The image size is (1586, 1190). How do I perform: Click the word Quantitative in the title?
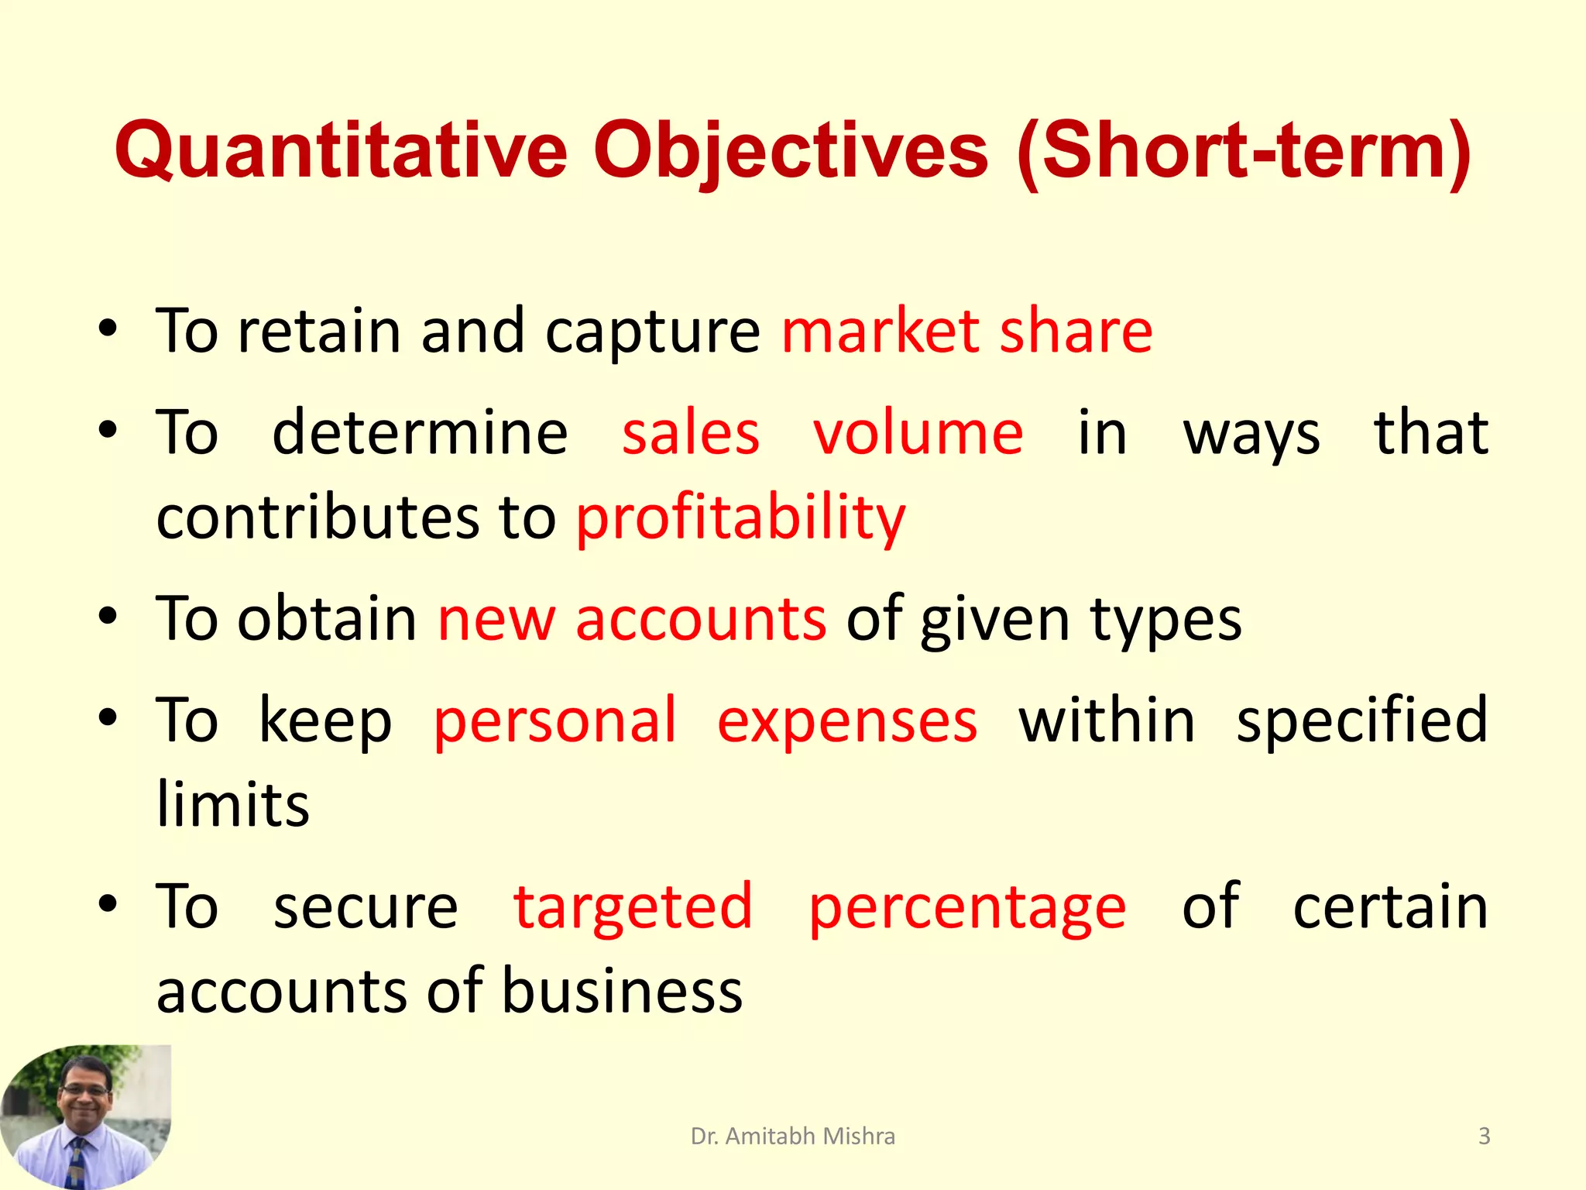click(x=341, y=151)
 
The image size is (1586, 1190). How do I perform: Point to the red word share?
click(x=1076, y=332)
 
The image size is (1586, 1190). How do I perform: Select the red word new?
click(x=496, y=619)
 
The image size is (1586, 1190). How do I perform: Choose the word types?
click(x=1165, y=621)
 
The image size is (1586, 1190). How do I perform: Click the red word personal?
click(x=554, y=721)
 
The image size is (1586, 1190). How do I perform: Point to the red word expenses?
click(x=847, y=721)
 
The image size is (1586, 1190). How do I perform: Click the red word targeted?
click(x=633, y=907)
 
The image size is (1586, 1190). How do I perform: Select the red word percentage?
click(x=967, y=907)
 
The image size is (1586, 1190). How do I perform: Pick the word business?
click(x=623, y=991)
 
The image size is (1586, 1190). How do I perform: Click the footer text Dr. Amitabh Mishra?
click(x=792, y=1137)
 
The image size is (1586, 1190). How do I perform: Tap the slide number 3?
click(x=1484, y=1137)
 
